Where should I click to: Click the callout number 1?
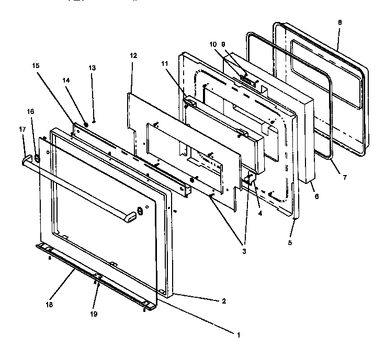coord(239,333)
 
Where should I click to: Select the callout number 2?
coord(224,301)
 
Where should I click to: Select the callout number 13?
coord(92,68)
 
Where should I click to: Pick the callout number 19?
coord(94,314)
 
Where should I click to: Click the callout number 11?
coord(165,63)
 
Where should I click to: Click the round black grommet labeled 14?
coord(86,125)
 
